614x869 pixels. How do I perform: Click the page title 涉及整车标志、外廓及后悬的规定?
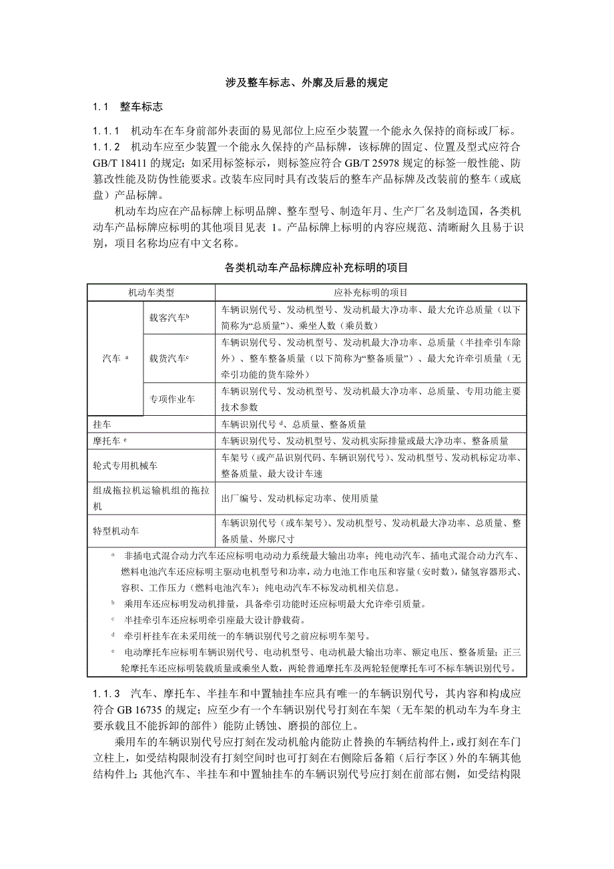[306, 83]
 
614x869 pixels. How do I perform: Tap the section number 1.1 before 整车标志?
[100, 107]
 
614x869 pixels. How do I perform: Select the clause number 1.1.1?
[106, 130]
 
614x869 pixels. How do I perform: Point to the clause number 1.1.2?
[106, 147]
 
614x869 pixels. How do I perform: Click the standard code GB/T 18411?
[117, 163]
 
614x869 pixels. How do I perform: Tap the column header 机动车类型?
[151, 292]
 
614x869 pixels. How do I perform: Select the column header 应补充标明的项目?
[370, 292]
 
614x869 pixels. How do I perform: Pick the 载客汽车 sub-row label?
[170, 318]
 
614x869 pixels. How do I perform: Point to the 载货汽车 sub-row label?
[170, 358]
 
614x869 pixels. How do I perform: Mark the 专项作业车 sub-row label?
[172, 399]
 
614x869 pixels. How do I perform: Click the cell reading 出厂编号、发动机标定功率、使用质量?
[300, 498]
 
